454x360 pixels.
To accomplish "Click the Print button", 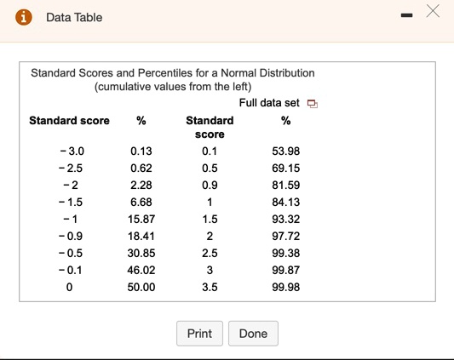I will click(x=199, y=334).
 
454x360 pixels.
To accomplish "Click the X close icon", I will click(x=433, y=12).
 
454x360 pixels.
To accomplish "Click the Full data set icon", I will click(x=312, y=104).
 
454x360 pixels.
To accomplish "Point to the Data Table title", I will click(x=74, y=17).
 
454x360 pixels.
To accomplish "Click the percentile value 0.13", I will click(x=141, y=151).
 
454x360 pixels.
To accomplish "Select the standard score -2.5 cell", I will click(x=72, y=169).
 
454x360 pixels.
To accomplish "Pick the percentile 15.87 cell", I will click(x=141, y=220).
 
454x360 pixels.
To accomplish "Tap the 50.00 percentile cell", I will click(x=141, y=288).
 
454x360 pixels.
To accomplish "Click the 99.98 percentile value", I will click(x=284, y=288).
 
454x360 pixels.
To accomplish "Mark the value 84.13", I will click(x=284, y=203).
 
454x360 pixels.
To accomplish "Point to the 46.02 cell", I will click(x=141, y=271).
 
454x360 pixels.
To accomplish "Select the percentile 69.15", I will click(x=284, y=169).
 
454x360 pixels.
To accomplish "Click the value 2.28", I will click(x=141, y=186).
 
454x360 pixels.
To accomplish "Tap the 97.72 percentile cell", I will click(x=284, y=237).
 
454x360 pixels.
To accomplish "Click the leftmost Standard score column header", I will click(x=69, y=121).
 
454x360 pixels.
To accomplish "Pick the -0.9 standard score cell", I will click(x=72, y=237).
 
